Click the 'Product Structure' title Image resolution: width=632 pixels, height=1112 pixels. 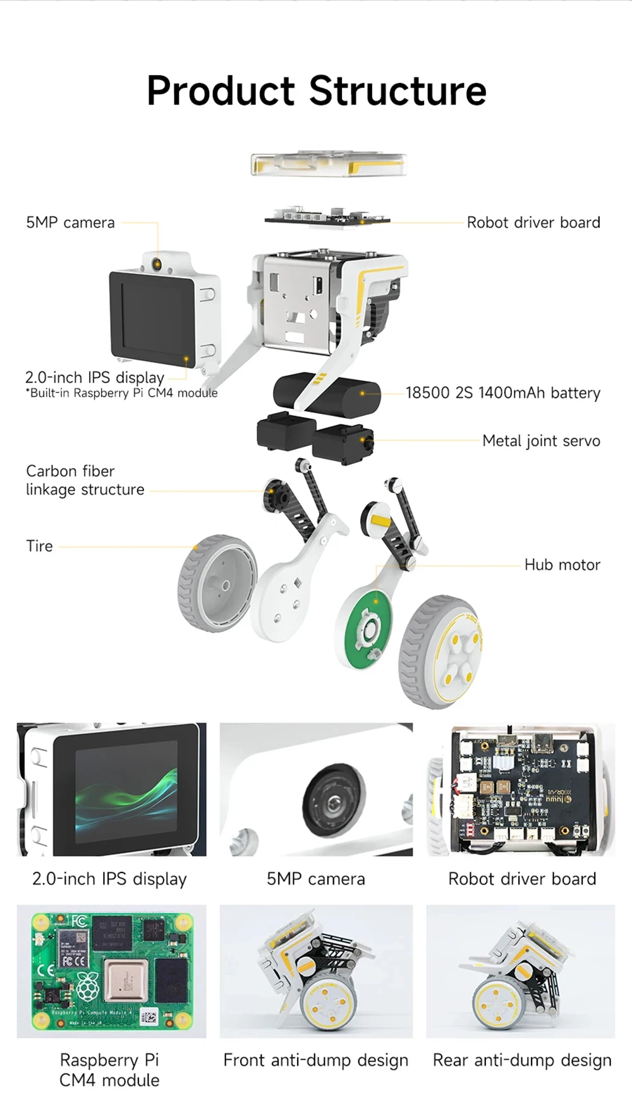tap(316, 90)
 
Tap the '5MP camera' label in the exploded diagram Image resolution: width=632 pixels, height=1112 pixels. tap(70, 223)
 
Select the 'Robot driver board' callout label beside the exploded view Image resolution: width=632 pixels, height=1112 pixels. tap(533, 223)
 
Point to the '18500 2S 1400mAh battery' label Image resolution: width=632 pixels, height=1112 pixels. tap(502, 393)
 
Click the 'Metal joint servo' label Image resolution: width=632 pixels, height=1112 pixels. tap(541, 441)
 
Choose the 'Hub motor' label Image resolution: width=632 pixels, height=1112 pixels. tap(562, 565)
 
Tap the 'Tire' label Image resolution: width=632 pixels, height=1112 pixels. tap(39, 546)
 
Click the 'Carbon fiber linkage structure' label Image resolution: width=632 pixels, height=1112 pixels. tap(85, 480)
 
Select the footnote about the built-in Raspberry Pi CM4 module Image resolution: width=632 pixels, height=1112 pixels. tap(121, 393)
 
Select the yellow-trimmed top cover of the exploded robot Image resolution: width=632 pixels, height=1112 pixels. tap(328, 164)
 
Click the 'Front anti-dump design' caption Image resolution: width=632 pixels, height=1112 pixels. tap(315, 1060)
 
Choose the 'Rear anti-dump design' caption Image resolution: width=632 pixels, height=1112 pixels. tap(522, 1060)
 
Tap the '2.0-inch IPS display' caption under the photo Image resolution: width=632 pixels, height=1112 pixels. tap(109, 879)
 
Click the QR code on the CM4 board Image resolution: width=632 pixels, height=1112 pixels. tap(148, 1017)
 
